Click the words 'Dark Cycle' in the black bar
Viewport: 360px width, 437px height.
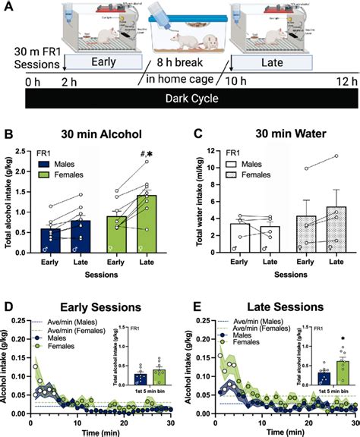click(179, 99)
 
